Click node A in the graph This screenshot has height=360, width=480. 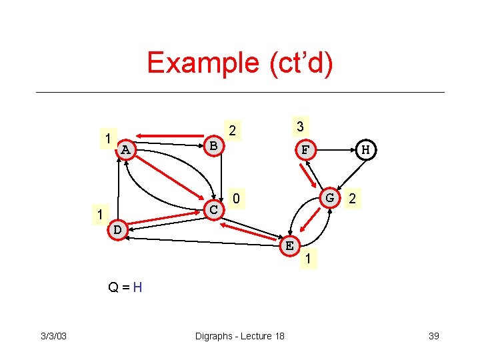pyautogui.click(x=125, y=149)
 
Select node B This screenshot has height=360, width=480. pyautogui.click(x=213, y=145)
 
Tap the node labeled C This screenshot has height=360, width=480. pyautogui.click(x=214, y=209)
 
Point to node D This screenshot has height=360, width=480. pyautogui.click(x=117, y=229)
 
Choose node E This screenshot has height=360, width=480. pyautogui.click(x=289, y=245)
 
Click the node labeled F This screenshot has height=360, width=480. pyautogui.click(x=305, y=150)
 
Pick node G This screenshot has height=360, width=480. pyautogui.click(x=329, y=198)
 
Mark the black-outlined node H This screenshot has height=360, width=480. pyautogui.click(x=366, y=150)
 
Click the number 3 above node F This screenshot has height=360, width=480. pyautogui.click(x=300, y=127)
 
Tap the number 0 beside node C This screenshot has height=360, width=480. pyautogui.click(x=236, y=199)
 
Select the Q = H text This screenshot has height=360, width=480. pyautogui.click(x=126, y=288)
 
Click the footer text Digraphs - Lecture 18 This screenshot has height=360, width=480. pyautogui.click(x=239, y=335)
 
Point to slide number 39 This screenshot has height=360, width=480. pyautogui.click(x=433, y=335)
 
